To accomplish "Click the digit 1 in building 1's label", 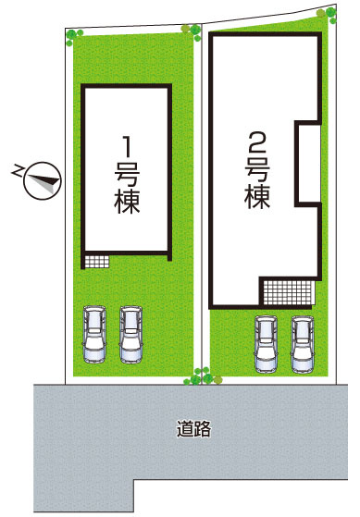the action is click(x=128, y=144).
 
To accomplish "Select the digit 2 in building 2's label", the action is click(x=256, y=142).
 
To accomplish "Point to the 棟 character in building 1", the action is click(x=128, y=202).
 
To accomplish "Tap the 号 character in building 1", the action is click(x=128, y=173).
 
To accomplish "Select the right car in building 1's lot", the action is click(x=131, y=334).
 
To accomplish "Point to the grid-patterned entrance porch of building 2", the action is click(x=288, y=291).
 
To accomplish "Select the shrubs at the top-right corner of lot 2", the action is click(x=327, y=14).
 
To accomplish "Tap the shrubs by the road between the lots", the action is click(x=198, y=376).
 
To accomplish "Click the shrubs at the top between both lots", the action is click(x=192, y=30).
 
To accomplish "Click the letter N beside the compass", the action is click(x=18, y=170).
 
